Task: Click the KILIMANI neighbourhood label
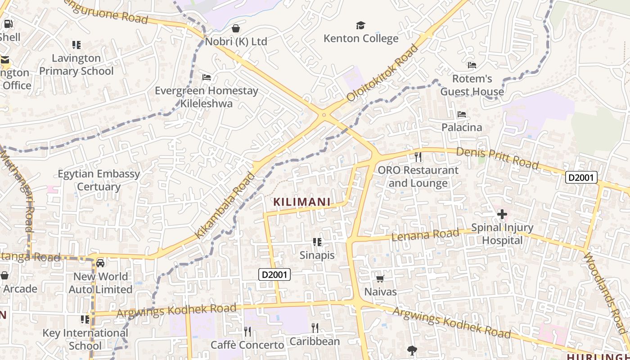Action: click(302, 202)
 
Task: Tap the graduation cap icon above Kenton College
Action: click(360, 25)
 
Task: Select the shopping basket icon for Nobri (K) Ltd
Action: click(235, 29)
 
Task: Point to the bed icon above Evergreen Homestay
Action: click(207, 77)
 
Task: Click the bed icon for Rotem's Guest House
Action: click(472, 65)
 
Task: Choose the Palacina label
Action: click(461, 127)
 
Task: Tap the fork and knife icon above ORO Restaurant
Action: click(418, 157)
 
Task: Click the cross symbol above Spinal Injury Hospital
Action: click(502, 214)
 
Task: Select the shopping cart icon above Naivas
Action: click(380, 279)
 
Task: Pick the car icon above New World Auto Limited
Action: click(100, 263)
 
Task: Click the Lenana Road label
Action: click(425, 234)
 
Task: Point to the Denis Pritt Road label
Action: click(497, 158)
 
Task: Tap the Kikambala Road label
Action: click(225, 205)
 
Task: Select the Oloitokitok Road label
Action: click(382, 72)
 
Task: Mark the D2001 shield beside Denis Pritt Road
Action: click(581, 177)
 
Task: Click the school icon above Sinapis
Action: click(317, 242)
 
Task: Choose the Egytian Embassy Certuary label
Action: click(99, 180)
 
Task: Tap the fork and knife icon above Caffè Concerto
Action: click(247, 332)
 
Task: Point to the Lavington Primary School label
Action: click(76, 64)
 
